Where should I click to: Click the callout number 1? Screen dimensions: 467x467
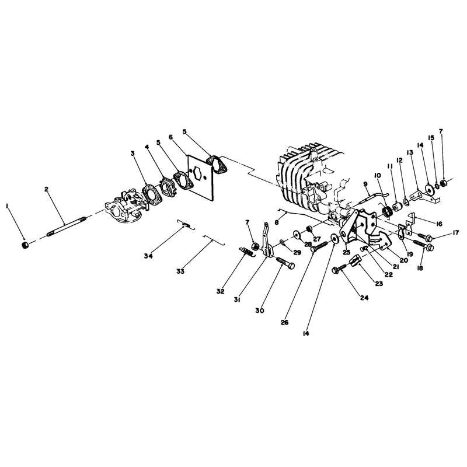(7, 207)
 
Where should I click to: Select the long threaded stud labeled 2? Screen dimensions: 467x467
(67, 226)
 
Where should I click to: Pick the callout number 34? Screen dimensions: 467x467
(148, 256)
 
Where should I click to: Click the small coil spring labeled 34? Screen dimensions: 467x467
(186, 225)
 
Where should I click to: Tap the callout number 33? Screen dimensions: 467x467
(180, 271)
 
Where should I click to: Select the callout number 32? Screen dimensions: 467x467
(221, 291)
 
